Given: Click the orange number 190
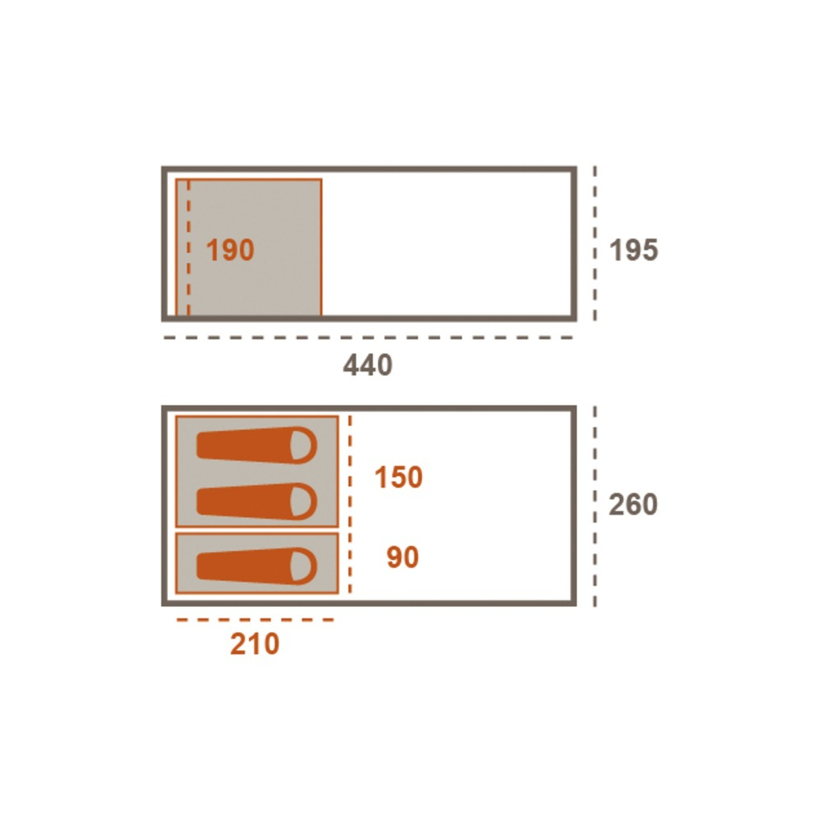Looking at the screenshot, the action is (230, 250).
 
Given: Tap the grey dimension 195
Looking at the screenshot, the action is (633, 250).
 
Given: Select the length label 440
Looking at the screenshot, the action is (368, 364).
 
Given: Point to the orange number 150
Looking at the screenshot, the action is (398, 477).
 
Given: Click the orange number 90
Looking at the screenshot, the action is (403, 557).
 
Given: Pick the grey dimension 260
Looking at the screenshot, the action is (633, 504).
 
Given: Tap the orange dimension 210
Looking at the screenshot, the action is (254, 644).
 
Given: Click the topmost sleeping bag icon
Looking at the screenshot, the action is (257, 446).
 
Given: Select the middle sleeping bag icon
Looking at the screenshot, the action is (257, 501).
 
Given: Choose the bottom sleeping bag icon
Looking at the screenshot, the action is (257, 566).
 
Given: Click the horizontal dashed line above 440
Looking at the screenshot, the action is (368, 337).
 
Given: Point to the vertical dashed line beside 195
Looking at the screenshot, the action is (595, 243).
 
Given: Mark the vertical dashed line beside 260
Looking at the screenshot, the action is (595, 506).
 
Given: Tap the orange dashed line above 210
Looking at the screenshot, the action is (256, 619).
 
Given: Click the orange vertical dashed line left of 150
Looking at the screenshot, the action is (350, 505).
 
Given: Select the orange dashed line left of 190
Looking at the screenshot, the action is (188, 248).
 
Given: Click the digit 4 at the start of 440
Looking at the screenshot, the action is (351, 364).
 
